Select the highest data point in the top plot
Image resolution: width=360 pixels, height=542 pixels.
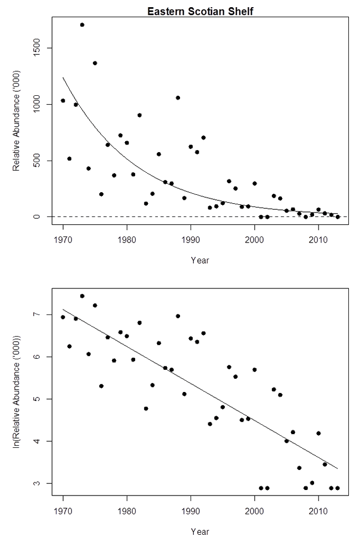(82, 25)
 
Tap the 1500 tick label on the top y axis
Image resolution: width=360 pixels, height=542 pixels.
(34, 48)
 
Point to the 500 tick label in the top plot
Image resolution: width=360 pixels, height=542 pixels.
(34, 161)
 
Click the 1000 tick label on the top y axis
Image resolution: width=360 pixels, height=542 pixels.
(34, 104)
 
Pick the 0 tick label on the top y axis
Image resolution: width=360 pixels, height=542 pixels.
(34, 216)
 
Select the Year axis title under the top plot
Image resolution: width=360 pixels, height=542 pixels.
(200, 259)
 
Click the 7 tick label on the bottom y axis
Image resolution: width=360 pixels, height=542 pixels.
(34, 314)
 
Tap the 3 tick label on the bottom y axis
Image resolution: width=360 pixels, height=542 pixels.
(34, 483)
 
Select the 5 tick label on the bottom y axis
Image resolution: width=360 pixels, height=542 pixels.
(34, 399)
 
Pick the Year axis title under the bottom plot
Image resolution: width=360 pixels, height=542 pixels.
(200, 532)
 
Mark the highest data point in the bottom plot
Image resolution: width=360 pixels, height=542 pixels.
(82, 296)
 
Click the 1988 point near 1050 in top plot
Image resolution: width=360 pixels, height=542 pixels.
(178, 98)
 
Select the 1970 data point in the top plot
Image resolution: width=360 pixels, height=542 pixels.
(63, 101)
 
